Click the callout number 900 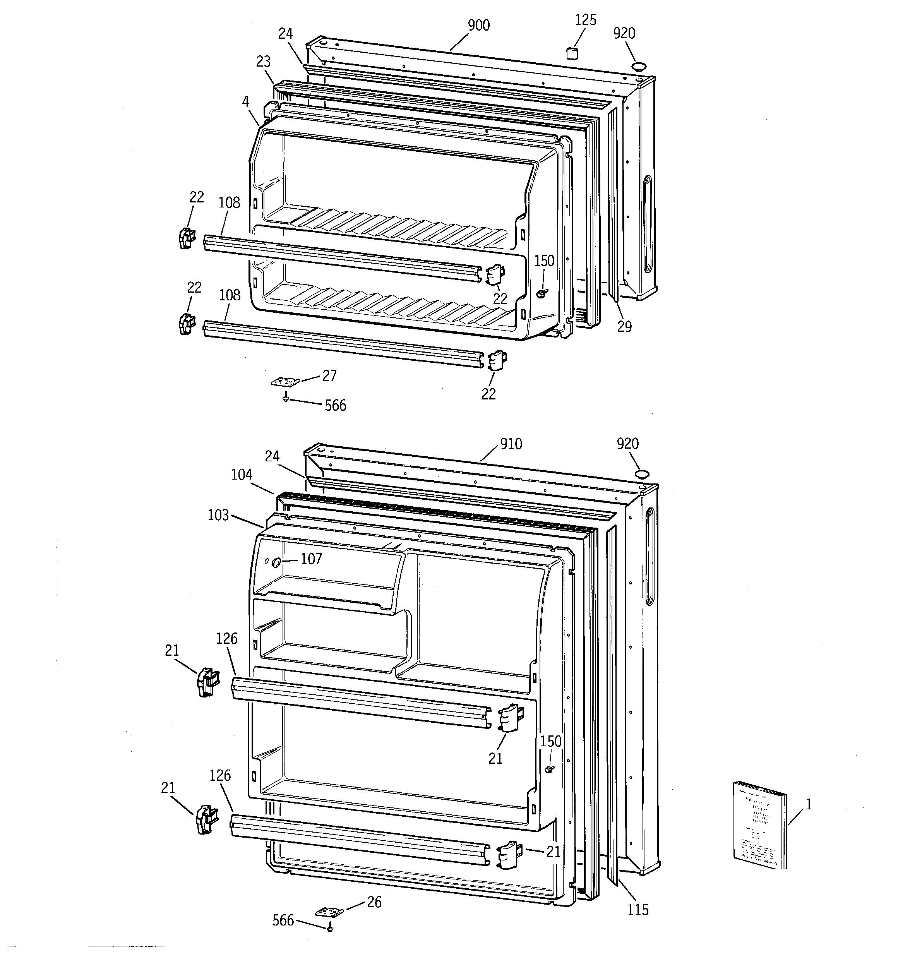tap(479, 26)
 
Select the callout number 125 tap(586, 20)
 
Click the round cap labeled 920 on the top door tap(639, 67)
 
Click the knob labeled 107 tap(277, 562)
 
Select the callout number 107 tap(311, 559)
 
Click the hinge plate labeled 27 tap(285, 382)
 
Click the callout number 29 tap(624, 327)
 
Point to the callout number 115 tap(638, 910)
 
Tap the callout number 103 tap(218, 515)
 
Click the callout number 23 tap(263, 62)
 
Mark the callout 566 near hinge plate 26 tap(283, 921)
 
